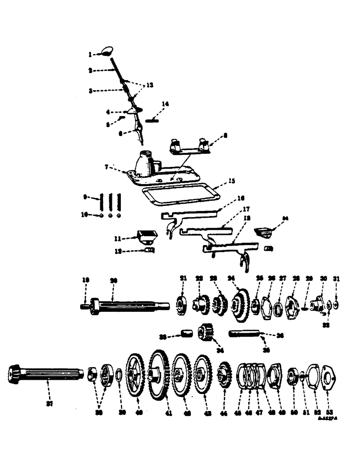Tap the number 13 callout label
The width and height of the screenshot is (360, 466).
pos(149,85)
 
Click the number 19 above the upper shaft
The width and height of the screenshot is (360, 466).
pos(86,280)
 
